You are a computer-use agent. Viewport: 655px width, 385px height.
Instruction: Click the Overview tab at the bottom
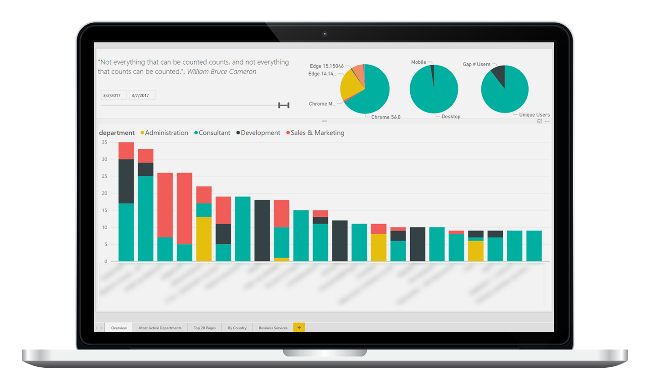pos(119,328)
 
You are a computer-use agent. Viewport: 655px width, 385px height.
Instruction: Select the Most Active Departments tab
pos(160,328)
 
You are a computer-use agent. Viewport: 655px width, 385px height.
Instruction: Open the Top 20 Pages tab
pos(205,328)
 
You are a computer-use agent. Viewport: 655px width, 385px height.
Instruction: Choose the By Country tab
pos(237,328)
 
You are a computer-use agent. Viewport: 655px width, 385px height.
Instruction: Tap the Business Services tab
pos(273,328)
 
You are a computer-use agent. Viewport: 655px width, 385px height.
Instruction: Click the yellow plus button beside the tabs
pos(299,327)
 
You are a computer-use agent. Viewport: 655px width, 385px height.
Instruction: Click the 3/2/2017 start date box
pos(112,95)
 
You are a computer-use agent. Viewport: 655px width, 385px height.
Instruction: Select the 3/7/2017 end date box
pos(141,95)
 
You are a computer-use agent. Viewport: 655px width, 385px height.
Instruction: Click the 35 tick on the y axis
pos(104,142)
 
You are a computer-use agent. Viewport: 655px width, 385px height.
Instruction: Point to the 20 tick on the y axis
pos(104,193)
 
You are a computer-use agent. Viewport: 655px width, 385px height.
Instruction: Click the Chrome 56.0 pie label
pos(386,117)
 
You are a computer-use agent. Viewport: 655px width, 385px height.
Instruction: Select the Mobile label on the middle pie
pos(418,62)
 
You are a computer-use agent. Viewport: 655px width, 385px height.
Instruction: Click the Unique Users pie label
pos(534,115)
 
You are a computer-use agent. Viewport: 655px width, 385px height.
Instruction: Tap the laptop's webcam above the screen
pos(325,34)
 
